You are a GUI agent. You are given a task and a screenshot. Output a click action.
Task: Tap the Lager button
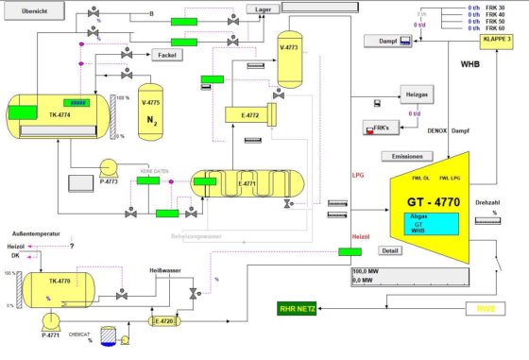point(264,9)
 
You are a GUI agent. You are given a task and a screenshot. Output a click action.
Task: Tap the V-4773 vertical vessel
point(288,61)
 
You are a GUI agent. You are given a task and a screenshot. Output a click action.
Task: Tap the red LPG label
point(358,175)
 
